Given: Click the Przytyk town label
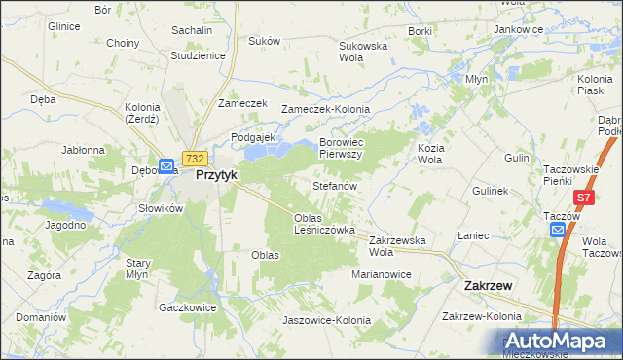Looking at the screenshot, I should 216,175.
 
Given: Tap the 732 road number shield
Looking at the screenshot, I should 195,158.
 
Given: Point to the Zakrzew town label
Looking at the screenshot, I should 489,286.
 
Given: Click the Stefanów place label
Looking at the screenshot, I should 335,185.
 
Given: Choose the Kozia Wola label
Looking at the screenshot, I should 430,153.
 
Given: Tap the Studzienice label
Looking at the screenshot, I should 198,55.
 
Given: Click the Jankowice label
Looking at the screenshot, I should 518,29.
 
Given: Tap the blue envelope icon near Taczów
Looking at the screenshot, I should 558,230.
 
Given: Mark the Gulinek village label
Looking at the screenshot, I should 491,192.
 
